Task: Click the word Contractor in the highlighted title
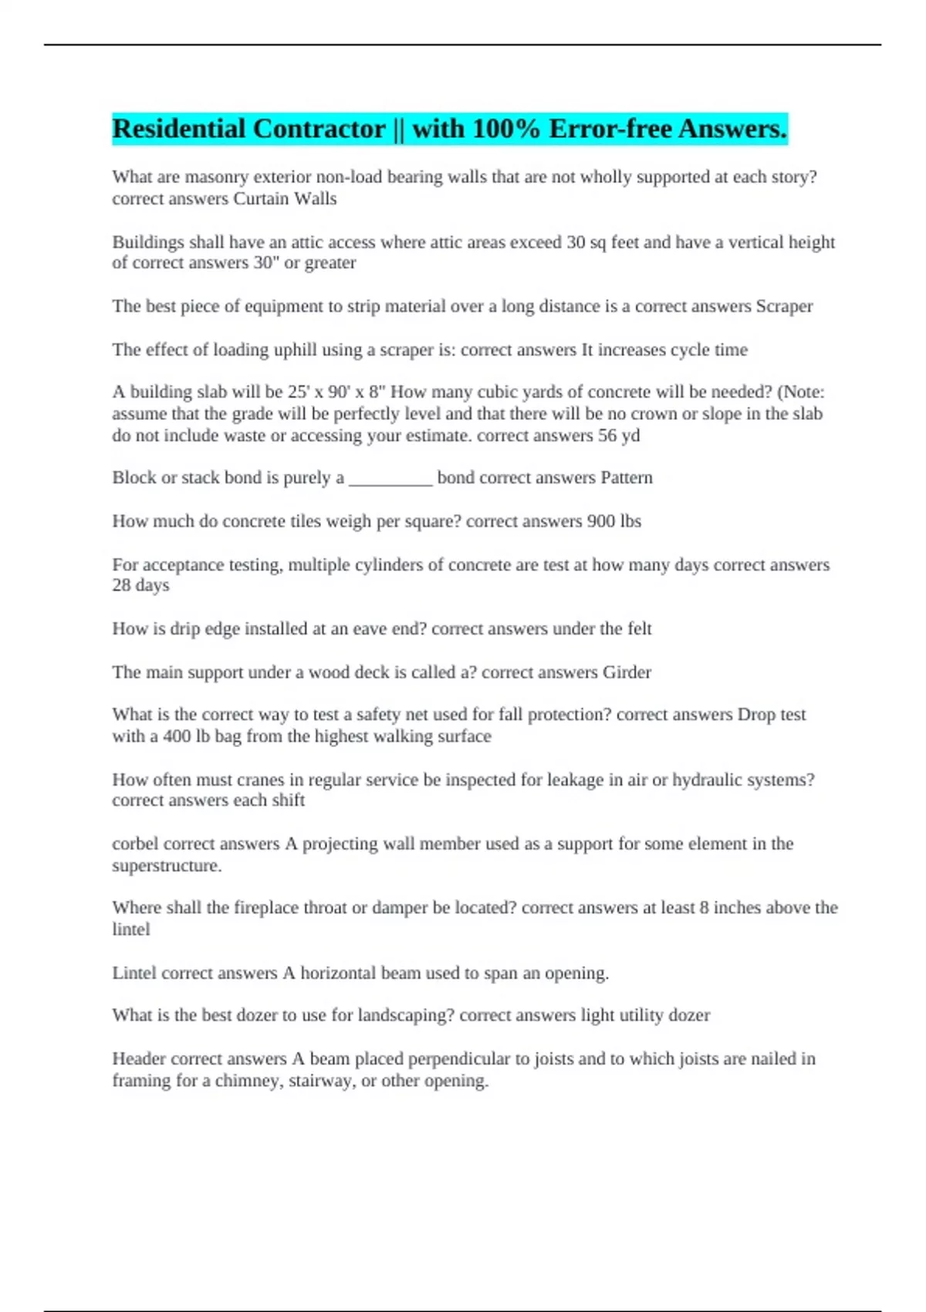(319, 129)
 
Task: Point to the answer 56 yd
(619, 435)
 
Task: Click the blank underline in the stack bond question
(390, 478)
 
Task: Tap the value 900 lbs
(613, 521)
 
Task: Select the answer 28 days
(140, 585)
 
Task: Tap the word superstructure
(167, 866)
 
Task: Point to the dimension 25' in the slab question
(298, 392)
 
